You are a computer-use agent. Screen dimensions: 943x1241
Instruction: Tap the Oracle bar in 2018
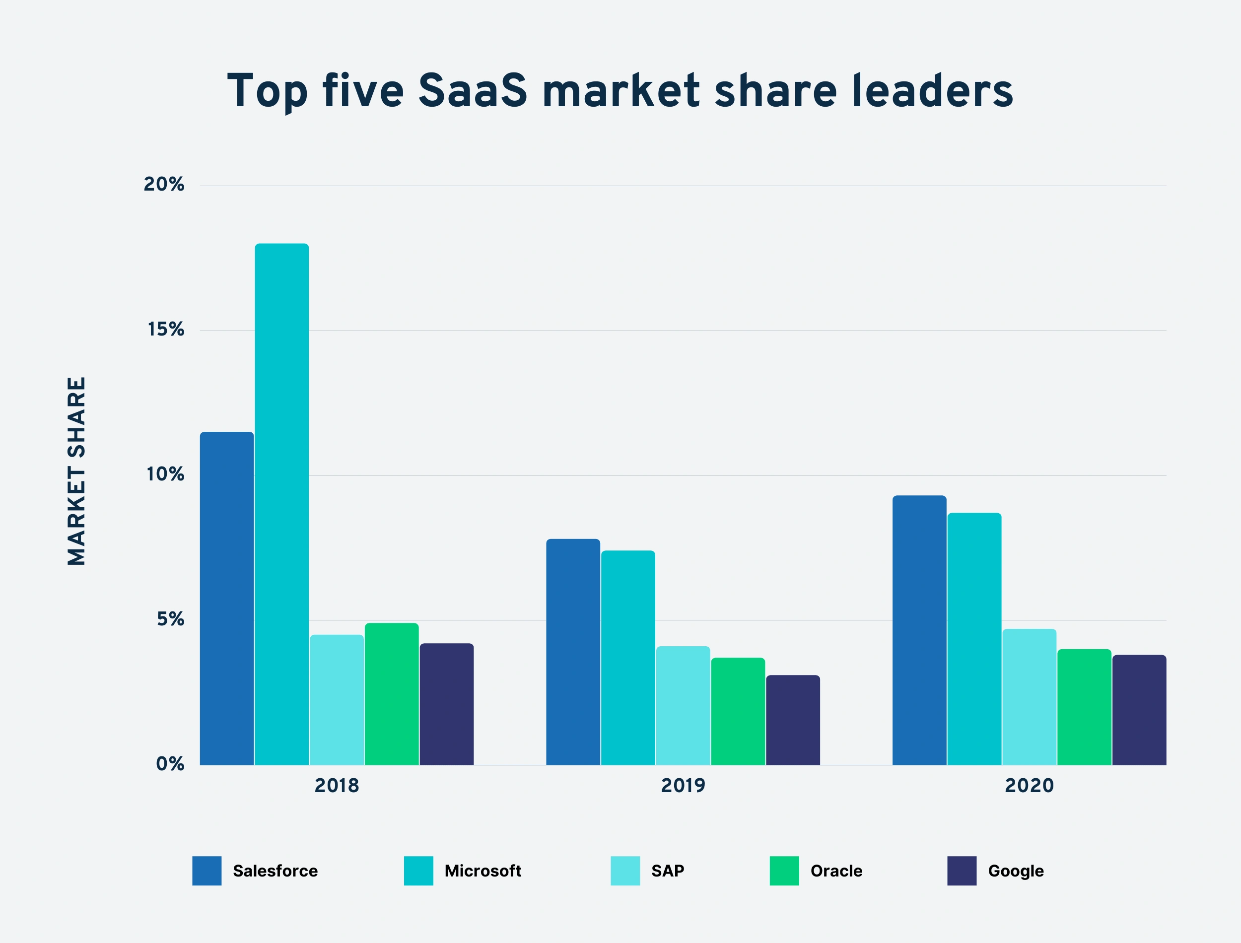[x=392, y=694]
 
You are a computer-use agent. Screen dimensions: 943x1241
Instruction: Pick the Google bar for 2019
[x=793, y=720]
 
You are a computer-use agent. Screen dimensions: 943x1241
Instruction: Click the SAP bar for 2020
[x=1030, y=697]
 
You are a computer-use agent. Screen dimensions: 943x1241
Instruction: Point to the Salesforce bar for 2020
[x=919, y=630]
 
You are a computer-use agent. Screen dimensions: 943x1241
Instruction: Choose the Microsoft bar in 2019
[x=628, y=657]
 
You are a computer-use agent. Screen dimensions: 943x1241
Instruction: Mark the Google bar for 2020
[x=1139, y=710]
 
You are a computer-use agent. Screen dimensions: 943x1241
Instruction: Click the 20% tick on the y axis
[x=164, y=185]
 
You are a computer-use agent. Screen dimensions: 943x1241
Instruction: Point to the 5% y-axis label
[x=171, y=619]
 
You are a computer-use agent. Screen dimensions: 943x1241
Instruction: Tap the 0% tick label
[x=170, y=764]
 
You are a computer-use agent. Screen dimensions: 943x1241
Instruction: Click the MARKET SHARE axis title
[x=77, y=471]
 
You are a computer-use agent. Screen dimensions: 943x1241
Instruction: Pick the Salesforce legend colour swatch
[x=207, y=871]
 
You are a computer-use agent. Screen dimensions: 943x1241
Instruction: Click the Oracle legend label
[x=836, y=871]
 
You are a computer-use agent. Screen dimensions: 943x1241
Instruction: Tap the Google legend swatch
[x=962, y=871]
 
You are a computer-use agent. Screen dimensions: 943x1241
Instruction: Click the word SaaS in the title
[x=473, y=91]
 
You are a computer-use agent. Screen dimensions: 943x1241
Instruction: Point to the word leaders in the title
[x=932, y=91]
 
